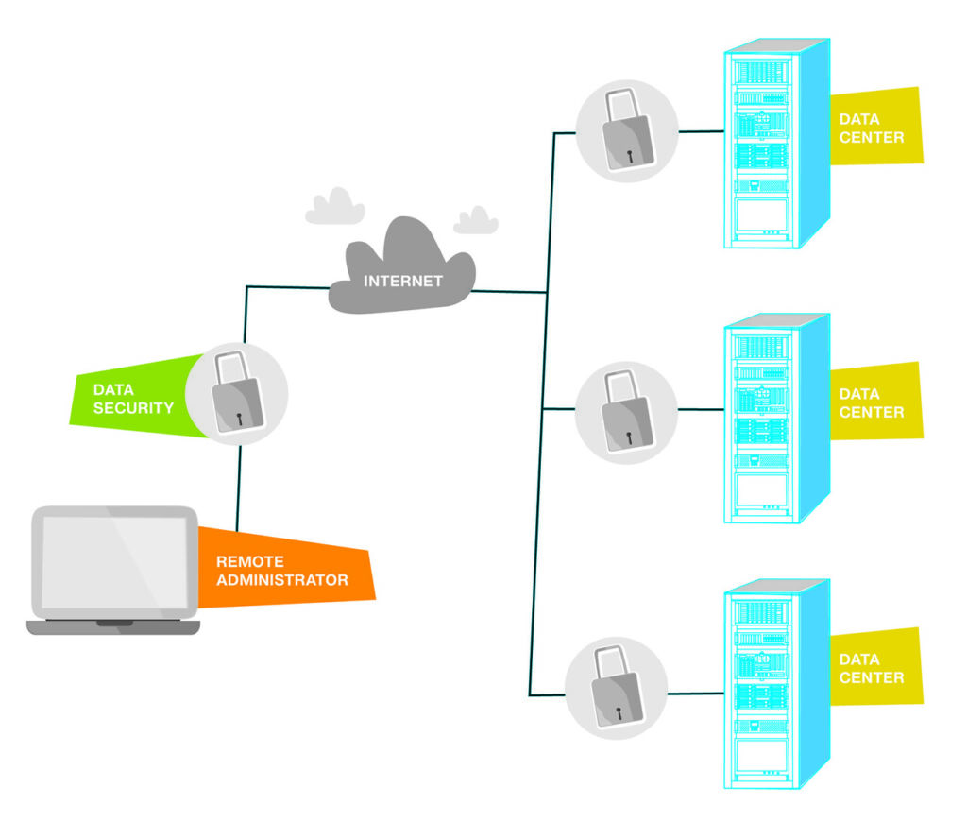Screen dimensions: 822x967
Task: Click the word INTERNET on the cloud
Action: pyautogui.click(x=403, y=281)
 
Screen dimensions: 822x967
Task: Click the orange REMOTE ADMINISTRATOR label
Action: pyautogui.click(x=282, y=570)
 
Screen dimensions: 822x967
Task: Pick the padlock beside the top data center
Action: pyautogui.click(x=626, y=131)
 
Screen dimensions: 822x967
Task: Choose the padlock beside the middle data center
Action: pyautogui.click(x=626, y=412)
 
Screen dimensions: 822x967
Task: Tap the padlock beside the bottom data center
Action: pyautogui.click(x=616, y=687)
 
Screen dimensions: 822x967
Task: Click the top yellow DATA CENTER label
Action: pyautogui.click(x=873, y=128)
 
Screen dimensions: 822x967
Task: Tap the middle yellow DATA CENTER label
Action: pyautogui.click(x=873, y=402)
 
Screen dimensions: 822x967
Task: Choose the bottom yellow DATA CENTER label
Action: pyautogui.click(x=873, y=668)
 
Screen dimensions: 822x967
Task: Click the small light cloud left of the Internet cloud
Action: pyautogui.click(x=335, y=208)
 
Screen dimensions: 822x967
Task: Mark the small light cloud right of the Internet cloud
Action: pyautogui.click(x=476, y=221)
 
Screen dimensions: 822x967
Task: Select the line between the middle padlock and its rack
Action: pyautogui.click(x=700, y=409)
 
